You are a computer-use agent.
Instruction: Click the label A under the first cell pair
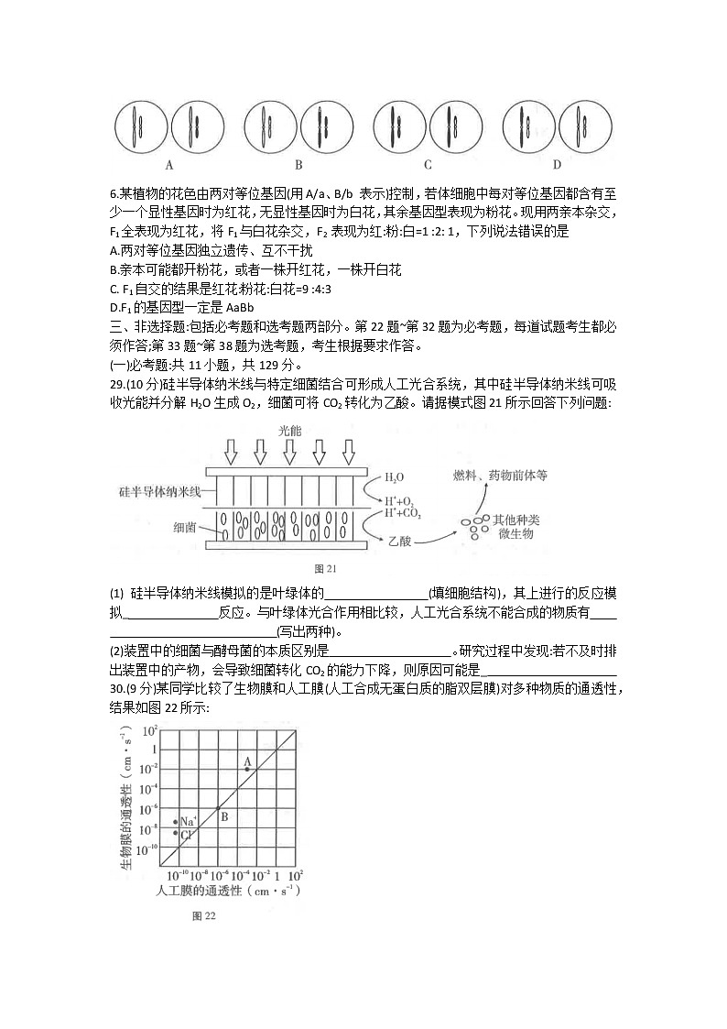tap(169, 166)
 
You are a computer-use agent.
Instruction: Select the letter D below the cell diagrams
tap(557, 165)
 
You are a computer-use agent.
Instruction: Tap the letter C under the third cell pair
tap(428, 166)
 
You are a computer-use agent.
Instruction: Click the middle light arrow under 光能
tap(289, 452)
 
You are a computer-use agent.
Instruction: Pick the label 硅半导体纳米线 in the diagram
tap(159, 492)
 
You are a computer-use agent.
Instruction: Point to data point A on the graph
tap(246, 769)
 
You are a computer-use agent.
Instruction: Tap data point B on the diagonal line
tap(218, 807)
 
